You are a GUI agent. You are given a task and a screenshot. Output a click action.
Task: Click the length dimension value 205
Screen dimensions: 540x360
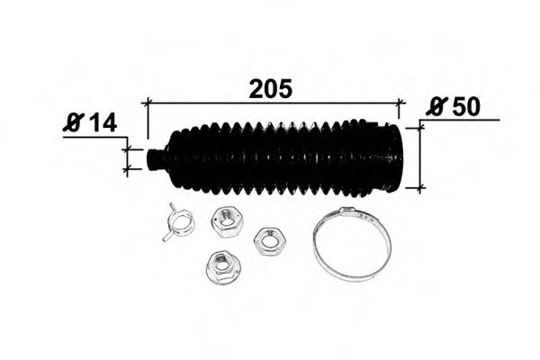271,89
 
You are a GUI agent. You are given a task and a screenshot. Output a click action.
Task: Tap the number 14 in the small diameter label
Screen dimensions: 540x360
103,123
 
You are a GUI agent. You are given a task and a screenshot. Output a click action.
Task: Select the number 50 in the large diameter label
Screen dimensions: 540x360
465,106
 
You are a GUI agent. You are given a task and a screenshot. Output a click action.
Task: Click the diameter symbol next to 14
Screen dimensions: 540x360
74,123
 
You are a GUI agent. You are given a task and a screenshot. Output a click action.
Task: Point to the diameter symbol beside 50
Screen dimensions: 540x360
436,106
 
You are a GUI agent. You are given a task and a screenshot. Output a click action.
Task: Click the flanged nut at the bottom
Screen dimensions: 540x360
224,267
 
